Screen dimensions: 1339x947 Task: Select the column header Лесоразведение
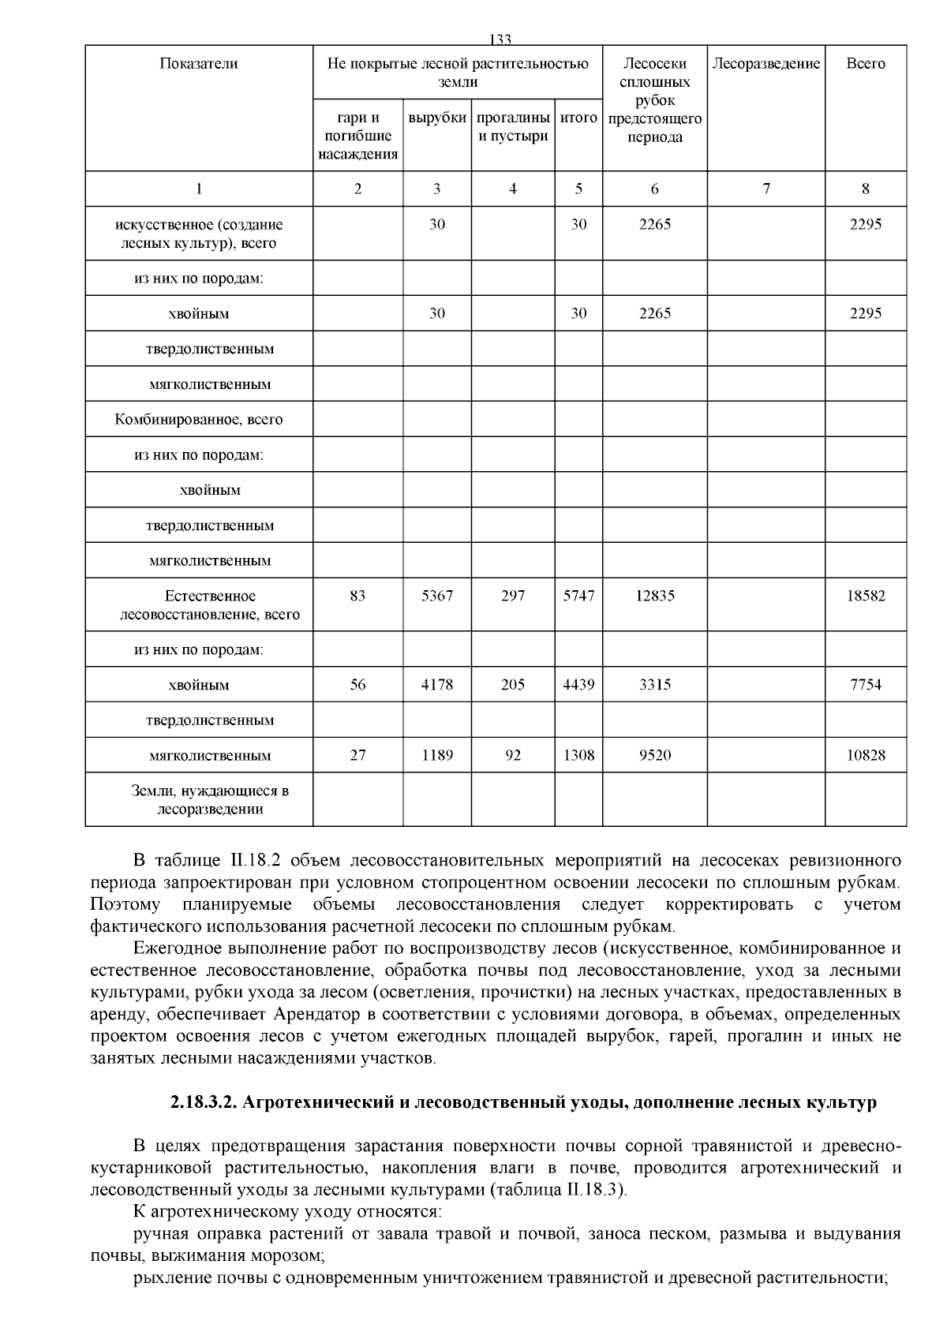pyautogui.click(x=765, y=64)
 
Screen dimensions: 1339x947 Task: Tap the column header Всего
pyautogui.click(x=866, y=64)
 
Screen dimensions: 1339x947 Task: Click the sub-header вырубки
pyautogui.click(x=437, y=118)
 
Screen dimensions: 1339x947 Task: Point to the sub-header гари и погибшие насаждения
pyautogui.click(x=357, y=136)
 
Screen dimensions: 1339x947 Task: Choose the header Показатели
pyautogui.click(x=198, y=64)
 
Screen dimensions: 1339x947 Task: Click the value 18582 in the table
pyautogui.click(x=866, y=596)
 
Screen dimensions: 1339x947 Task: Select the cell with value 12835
pyautogui.click(x=654, y=596)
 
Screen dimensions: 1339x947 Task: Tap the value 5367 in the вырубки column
pyautogui.click(x=437, y=596)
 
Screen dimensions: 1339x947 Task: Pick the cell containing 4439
pyautogui.click(x=578, y=684)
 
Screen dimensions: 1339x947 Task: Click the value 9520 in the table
pyautogui.click(x=654, y=755)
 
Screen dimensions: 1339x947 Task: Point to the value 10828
pyautogui.click(x=866, y=755)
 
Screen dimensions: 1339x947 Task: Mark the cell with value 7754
pyautogui.click(x=866, y=684)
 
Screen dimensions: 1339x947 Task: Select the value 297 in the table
pyautogui.click(x=513, y=596)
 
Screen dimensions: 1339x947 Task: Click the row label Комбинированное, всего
pyautogui.click(x=198, y=420)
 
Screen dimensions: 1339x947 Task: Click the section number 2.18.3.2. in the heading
pyautogui.click(x=204, y=1102)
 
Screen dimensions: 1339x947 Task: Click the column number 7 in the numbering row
pyautogui.click(x=765, y=189)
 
